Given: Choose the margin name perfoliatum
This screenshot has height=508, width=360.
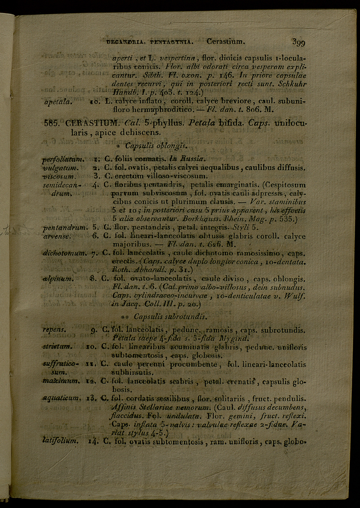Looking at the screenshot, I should tap(63, 159).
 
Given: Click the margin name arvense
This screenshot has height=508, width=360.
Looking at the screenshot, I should tap(57, 236).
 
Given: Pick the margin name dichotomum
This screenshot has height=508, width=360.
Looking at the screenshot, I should tap(64, 253).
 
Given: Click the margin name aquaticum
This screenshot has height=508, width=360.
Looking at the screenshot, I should tap(61, 398).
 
